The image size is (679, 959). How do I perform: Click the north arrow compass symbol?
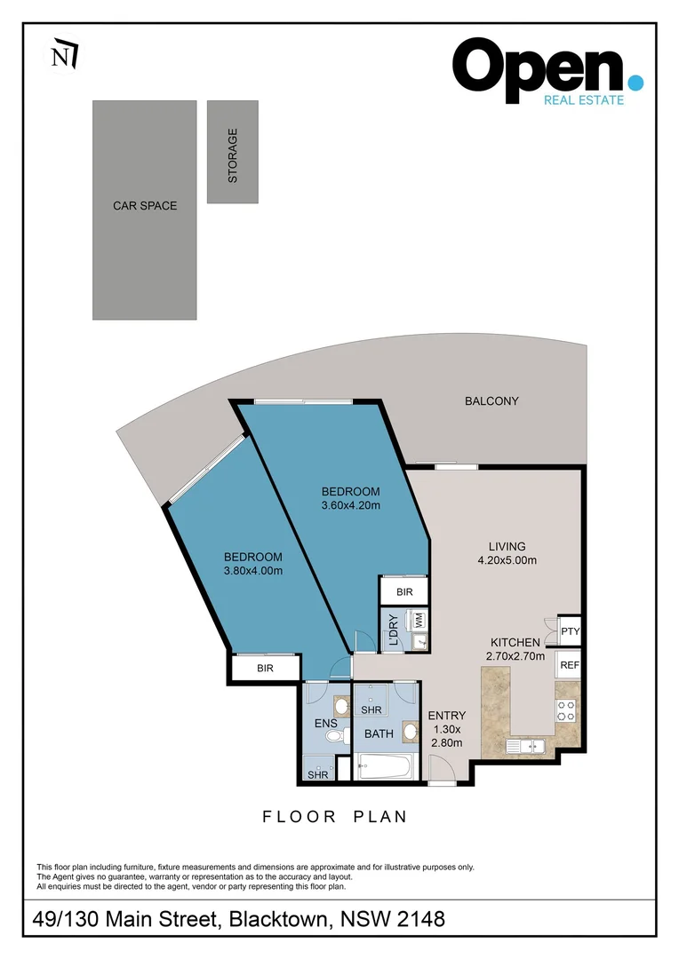63,55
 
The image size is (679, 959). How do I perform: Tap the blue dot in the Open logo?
635,82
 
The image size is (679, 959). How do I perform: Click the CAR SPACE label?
145,206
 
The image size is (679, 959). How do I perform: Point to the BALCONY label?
491,401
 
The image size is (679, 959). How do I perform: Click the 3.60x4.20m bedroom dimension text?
350,506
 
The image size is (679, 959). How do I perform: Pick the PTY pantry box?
570,631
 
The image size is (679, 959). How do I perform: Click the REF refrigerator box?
569,664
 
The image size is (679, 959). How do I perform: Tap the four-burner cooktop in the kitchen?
566,709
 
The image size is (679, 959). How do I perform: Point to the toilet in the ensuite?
331,736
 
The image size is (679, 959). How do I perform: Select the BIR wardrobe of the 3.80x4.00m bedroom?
265,669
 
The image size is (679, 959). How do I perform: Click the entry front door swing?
439,768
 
